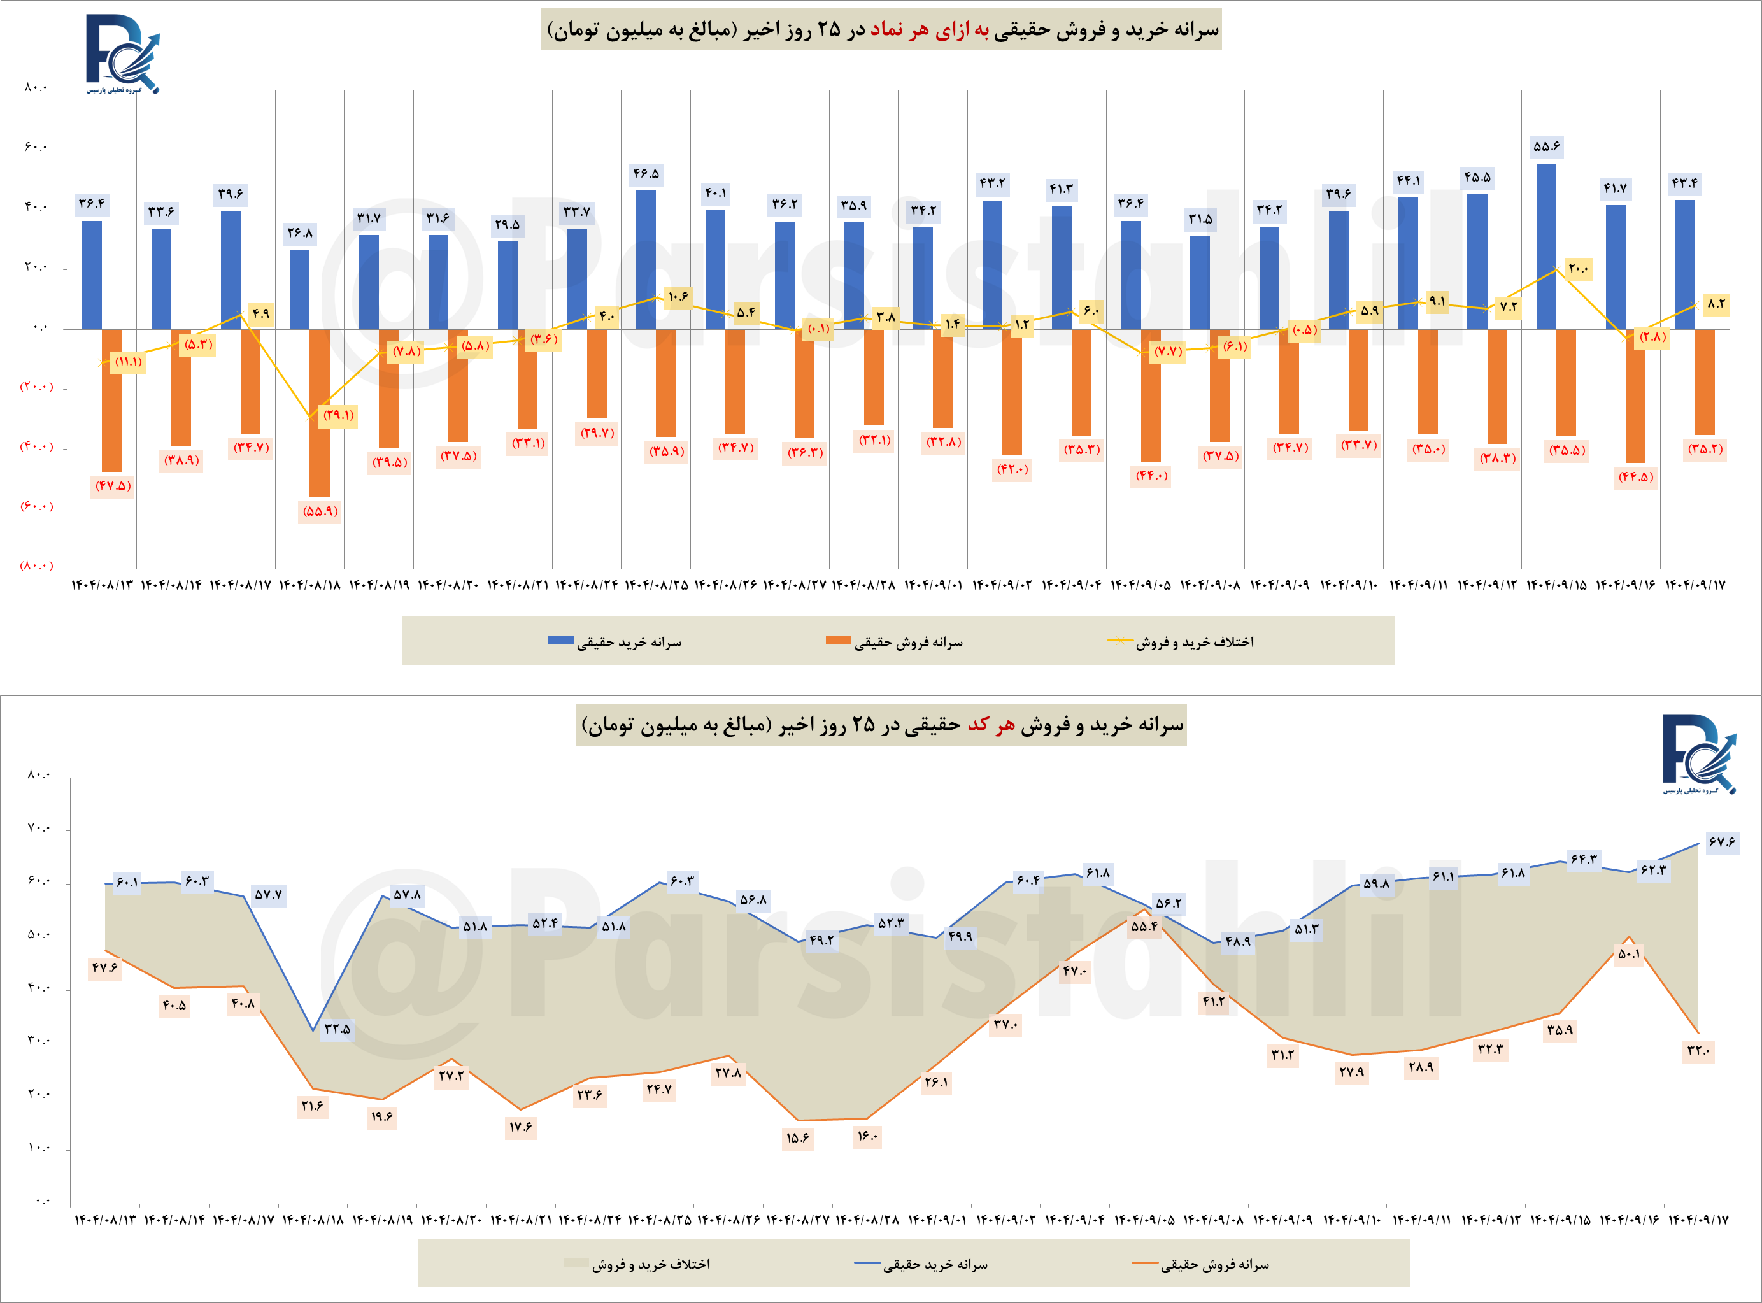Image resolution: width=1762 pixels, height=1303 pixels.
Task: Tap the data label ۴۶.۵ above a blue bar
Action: pyautogui.click(x=646, y=173)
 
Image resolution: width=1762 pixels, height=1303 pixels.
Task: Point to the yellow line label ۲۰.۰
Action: pyautogui.click(x=1578, y=269)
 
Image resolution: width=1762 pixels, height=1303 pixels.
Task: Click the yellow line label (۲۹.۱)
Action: pyautogui.click(x=338, y=415)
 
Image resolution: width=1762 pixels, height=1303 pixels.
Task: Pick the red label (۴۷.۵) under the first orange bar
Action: pyautogui.click(x=113, y=486)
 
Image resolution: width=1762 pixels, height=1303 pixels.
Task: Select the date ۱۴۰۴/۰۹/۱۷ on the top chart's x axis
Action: pyautogui.click(x=1695, y=585)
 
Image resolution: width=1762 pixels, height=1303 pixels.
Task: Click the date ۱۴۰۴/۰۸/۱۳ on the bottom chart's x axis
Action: pyautogui.click(x=105, y=1220)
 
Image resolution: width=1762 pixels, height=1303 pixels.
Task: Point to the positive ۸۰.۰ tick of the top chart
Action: pyautogui.click(x=36, y=87)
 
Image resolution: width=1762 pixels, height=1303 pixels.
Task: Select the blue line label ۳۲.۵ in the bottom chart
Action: pyautogui.click(x=337, y=1029)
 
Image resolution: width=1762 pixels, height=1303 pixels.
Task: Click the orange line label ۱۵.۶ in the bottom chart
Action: pyautogui.click(x=797, y=1137)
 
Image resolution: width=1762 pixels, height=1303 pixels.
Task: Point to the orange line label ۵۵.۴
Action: pyautogui.click(x=1144, y=926)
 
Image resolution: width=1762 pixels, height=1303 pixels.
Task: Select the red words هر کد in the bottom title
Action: pyautogui.click(x=991, y=725)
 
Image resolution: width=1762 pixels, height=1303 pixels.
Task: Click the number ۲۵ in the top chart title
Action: pyautogui.click(x=829, y=30)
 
